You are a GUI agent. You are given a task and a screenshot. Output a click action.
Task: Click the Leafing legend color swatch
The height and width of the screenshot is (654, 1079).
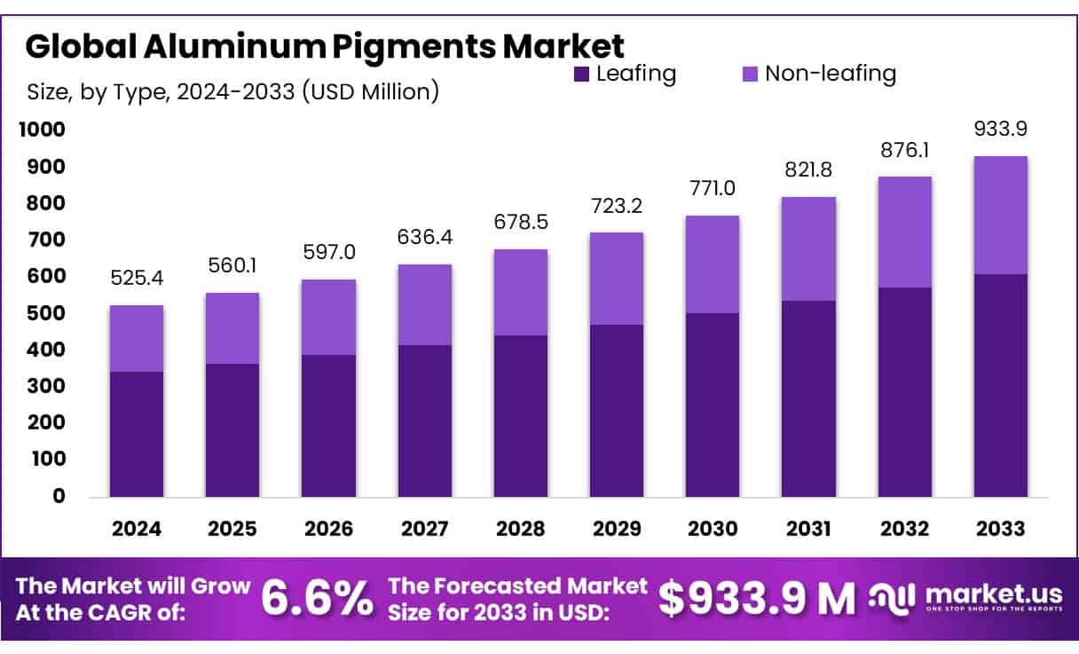[x=582, y=75]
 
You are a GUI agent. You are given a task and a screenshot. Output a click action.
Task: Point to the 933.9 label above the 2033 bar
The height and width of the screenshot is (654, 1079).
[x=1001, y=130]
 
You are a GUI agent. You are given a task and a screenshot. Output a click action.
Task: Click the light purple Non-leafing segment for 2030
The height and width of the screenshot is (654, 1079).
[x=713, y=264]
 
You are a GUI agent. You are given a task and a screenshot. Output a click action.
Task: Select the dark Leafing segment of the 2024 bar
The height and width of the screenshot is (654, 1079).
[x=137, y=434]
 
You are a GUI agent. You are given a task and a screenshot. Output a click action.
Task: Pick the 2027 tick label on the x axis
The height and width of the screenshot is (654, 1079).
[x=424, y=529]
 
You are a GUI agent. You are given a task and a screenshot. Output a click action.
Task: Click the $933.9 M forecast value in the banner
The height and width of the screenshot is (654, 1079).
[x=757, y=600]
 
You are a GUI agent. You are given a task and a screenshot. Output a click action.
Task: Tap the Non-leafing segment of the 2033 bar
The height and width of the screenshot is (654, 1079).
[x=1001, y=216]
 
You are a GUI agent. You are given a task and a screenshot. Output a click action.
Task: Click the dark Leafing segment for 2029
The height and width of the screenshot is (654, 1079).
[x=617, y=411]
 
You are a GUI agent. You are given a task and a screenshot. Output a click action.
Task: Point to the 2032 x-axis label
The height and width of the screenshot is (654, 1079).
[x=904, y=529]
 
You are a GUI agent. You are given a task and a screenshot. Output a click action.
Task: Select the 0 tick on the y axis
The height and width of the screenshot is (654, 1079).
[x=59, y=496]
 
